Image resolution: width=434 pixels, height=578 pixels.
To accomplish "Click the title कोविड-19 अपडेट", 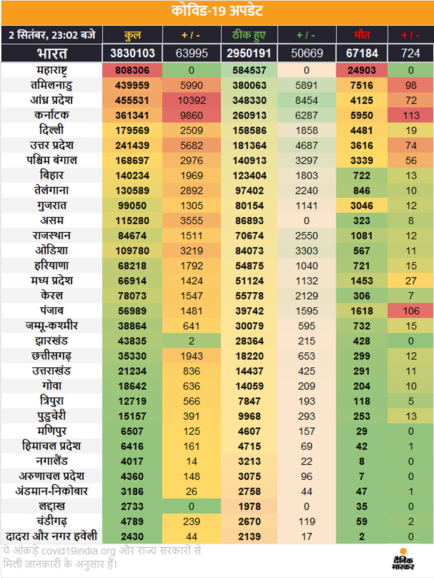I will click(x=217, y=11).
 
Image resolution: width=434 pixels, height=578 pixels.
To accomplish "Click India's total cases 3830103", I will click(x=133, y=53).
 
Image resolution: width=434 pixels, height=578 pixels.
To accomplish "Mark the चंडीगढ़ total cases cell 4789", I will click(x=133, y=521).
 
